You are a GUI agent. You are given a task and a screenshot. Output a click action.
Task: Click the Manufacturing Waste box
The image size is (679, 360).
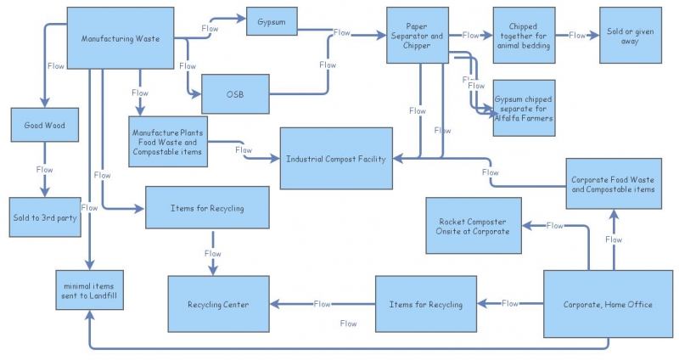pyautogui.click(x=121, y=38)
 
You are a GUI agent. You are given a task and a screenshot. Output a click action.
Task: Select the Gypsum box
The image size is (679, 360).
pyautogui.click(x=272, y=21)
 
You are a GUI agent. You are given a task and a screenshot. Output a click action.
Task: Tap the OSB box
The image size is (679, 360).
pyautogui.click(x=235, y=94)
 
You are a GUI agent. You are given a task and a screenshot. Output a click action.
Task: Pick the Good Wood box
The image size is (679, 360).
pyautogui.click(x=45, y=125)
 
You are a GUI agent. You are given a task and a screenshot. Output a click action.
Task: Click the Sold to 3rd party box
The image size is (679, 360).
pyautogui.click(x=45, y=217)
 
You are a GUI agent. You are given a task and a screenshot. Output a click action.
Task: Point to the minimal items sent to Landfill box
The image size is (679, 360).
pyautogui.click(x=90, y=290)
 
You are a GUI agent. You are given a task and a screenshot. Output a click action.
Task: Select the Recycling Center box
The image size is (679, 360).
pyautogui.click(x=219, y=304)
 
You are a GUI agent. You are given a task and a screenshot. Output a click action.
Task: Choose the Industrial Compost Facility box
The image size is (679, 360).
pyautogui.click(x=336, y=159)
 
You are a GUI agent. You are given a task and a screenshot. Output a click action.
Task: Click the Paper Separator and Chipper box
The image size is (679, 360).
pyautogui.click(x=418, y=35)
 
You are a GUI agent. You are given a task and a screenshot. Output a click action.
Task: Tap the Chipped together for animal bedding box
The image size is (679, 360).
pyautogui.click(x=524, y=35)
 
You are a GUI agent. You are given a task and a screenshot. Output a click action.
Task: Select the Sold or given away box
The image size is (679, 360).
pyautogui.click(x=631, y=35)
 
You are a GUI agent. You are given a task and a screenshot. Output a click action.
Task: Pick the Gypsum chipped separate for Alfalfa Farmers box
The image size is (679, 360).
pyautogui.click(x=524, y=108)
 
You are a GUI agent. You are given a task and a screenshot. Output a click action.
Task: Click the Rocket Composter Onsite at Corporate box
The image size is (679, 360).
pyautogui.click(x=474, y=226)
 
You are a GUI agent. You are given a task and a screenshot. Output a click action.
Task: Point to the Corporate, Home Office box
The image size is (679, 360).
pyautogui.click(x=609, y=304)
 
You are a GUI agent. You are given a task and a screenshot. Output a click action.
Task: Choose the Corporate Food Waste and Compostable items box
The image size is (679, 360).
pyautogui.click(x=614, y=183)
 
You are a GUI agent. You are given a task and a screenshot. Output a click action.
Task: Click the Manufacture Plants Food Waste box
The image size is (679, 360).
pyautogui.click(x=168, y=142)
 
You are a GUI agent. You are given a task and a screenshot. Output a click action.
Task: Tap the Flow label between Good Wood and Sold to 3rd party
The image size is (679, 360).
pyautogui.click(x=45, y=169)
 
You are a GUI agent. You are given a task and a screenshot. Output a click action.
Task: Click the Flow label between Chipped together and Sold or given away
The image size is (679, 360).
pyautogui.click(x=577, y=35)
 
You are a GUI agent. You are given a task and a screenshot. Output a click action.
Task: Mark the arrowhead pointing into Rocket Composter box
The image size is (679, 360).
pyautogui.click(x=527, y=226)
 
